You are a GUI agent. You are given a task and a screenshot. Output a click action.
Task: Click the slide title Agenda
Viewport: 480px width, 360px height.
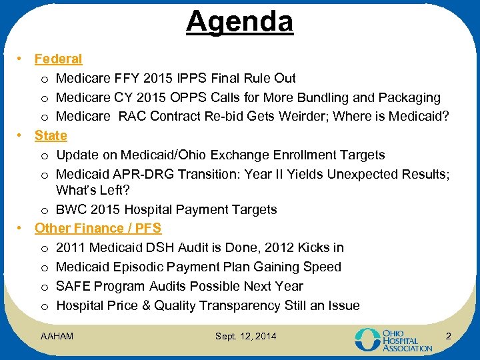point(239,21)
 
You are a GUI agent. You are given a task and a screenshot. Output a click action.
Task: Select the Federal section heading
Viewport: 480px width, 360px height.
point(58,59)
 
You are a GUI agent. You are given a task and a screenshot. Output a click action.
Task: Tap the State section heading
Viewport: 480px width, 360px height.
point(51,135)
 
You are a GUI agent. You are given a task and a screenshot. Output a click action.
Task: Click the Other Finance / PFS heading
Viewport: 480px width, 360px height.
point(98,228)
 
